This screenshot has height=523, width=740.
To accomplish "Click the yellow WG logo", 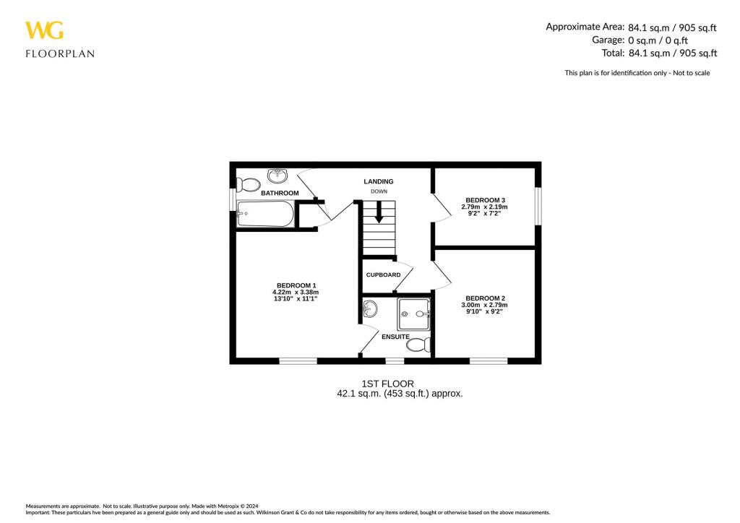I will [x=44, y=30].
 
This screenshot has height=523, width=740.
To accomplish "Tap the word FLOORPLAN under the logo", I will [x=60, y=53].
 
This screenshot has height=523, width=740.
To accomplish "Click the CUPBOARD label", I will [x=383, y=275].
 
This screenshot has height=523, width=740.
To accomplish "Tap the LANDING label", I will [x=379, y=181].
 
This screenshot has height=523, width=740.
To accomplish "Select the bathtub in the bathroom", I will [x=265, y=214].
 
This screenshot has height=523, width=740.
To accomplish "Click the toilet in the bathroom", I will [x=249, y=183].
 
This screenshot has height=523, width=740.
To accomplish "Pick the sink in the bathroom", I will [x=277, y=176].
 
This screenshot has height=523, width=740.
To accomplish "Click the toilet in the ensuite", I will [x=417, y=346].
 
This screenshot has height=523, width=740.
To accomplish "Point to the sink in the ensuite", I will [x=369, y=310].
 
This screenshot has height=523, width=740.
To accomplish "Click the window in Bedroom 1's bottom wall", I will [x=298, y=360].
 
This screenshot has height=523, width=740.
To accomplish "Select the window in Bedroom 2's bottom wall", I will [x=488, y=360].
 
